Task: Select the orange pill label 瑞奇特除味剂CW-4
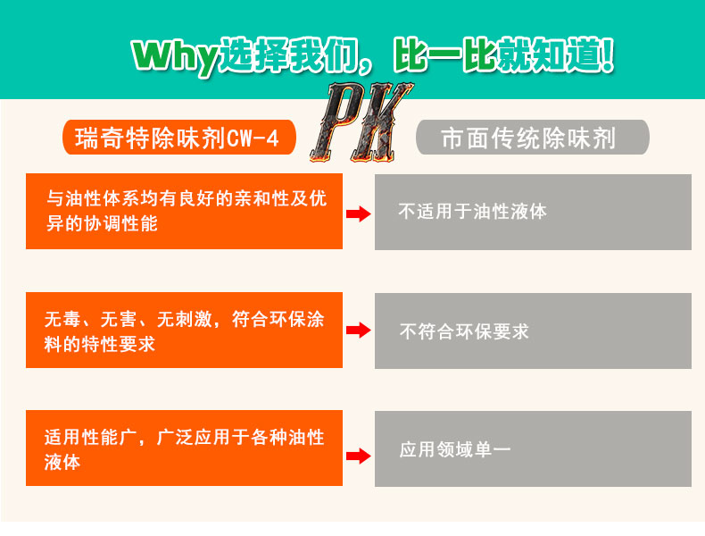coord(179,138)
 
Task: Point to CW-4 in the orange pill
coord(253,138)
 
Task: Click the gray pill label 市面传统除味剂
coord(532,138)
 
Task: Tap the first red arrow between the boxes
coord(358,214)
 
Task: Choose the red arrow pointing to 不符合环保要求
coord(358,331)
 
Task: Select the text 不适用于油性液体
coord(472,213)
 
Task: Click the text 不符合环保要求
coord(464,331)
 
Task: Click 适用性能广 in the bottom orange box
coord(89,439)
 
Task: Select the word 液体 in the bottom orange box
coord(62,463)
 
